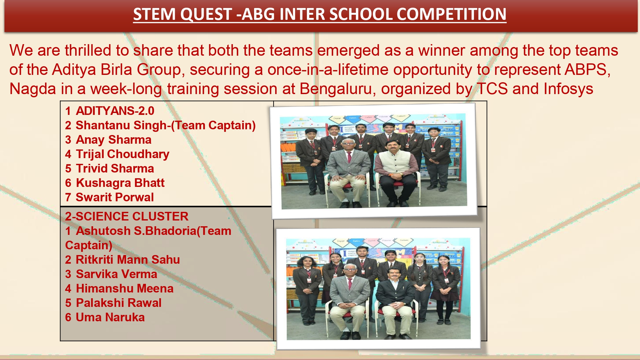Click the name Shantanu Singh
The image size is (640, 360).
click(x=121, y=125)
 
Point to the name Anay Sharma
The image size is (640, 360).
click(x=114, y=140)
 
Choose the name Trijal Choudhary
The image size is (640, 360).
click(x=123, y=154)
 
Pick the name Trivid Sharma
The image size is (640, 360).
click(x=115, y=168)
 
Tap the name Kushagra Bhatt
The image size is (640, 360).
click(x=120, y=183)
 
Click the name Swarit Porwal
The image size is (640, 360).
click(x=115, y=197)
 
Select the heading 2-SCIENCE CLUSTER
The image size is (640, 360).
click(x=127, y=216)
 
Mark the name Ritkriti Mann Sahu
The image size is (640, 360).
click(x=128, y=260)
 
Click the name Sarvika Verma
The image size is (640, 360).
click(x=116, y=274)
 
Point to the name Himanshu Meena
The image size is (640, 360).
click(x=125, y=288)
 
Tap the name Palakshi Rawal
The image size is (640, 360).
click(x=119, y=303)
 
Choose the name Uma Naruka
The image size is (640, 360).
click(x=110, y=317)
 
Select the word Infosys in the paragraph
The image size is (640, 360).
click(x=569, y=89)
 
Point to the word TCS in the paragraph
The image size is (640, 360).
click(x=492, y=89)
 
